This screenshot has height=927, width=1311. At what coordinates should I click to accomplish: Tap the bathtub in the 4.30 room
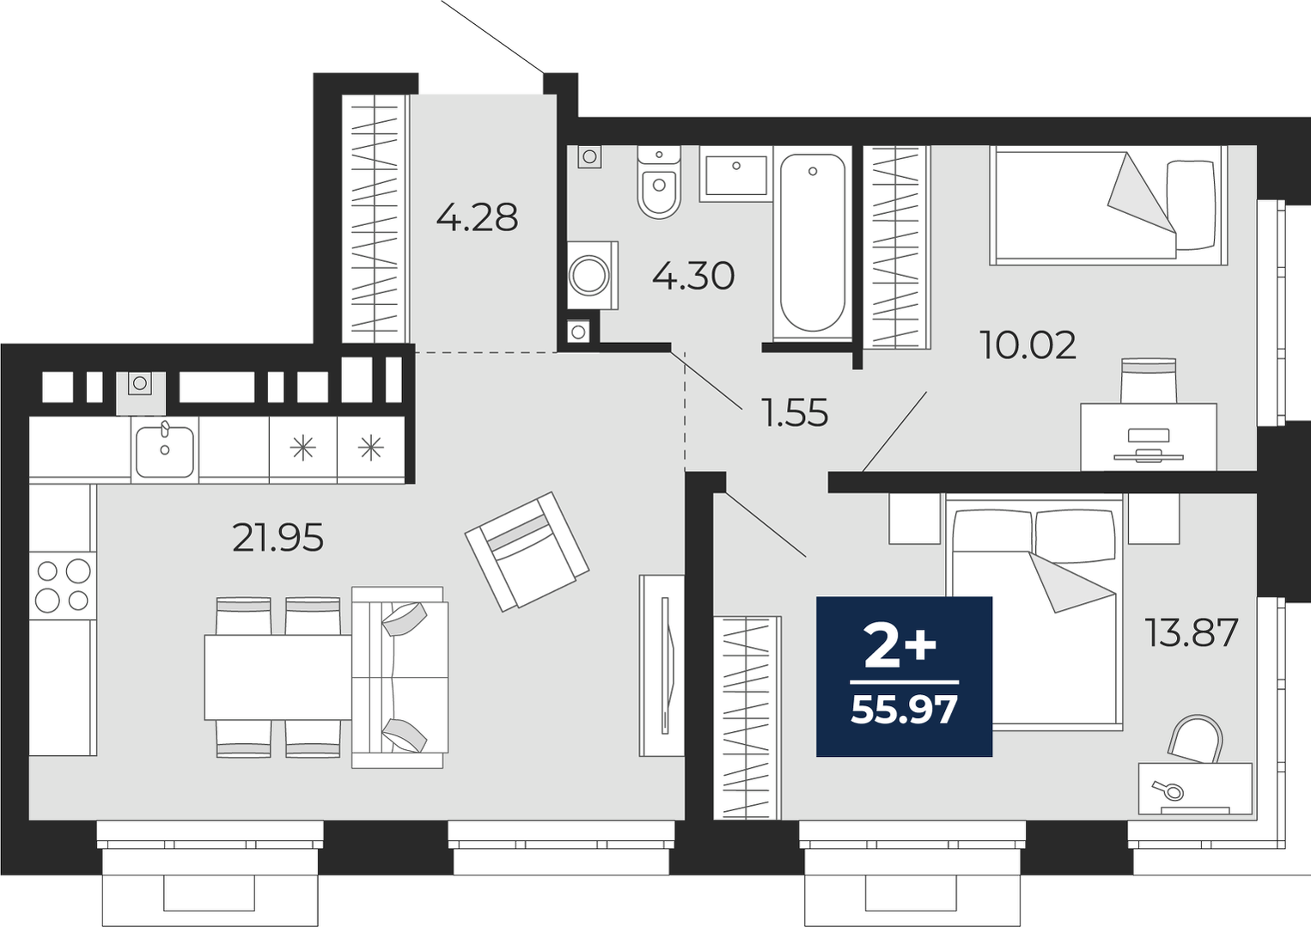click(813, 242)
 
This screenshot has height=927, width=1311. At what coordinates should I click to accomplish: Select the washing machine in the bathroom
click(592, 275)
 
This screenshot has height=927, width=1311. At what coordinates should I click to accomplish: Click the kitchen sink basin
click(164, 451)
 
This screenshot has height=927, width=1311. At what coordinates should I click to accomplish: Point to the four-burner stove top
click(63, 586)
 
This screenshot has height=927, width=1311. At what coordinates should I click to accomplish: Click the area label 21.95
click(277, 538)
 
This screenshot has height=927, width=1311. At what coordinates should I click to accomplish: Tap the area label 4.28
click(477, 217)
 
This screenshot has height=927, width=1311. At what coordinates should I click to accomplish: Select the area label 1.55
click(794, 412)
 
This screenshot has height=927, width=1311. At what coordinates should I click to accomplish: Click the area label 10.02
click(1027, 345)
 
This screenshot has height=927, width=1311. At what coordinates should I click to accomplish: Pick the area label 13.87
click(1192, 632)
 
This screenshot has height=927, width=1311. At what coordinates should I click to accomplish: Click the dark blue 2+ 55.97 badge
click(905, 676)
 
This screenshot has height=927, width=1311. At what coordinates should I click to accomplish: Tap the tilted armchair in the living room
click(527, 552)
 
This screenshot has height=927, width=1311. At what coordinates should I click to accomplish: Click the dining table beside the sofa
click(278, 677)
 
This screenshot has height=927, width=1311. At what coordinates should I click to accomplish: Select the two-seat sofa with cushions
click(399, 677)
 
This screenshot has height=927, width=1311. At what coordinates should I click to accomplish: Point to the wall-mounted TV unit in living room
click(662, 666)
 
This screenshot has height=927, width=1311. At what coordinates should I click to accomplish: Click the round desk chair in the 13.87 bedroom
click(1195, 739)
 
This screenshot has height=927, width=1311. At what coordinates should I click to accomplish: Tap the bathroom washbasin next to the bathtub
click(736, 174)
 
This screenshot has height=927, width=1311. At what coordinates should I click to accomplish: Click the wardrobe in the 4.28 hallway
click(375, 218)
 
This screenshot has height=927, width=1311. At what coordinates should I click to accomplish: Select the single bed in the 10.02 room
click(1108, 205)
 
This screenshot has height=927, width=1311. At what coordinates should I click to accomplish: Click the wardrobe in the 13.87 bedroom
click(747, 717)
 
